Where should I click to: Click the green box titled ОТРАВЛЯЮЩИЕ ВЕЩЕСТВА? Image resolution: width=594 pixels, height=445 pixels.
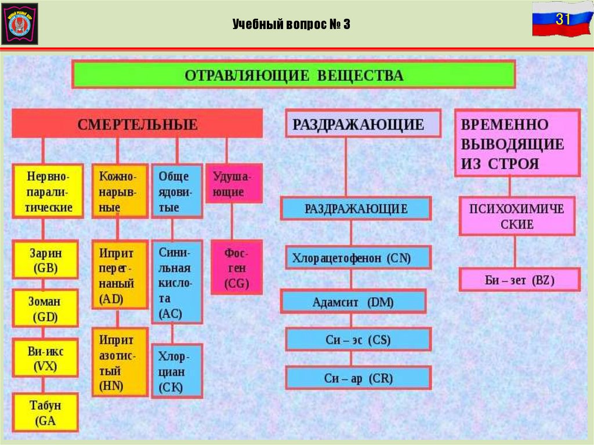click(x=294, y=75)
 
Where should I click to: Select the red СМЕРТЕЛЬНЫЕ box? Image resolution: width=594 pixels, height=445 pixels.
click(x=137, y=124)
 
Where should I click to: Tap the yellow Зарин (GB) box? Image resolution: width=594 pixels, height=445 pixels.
click(x=46, y=260)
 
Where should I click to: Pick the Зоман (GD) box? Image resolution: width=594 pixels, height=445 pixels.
click(x=46, y=309)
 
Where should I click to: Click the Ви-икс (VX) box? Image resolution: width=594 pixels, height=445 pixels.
click(x=46, y=358)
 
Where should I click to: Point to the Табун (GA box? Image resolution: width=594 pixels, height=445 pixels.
click(x=46, y=412)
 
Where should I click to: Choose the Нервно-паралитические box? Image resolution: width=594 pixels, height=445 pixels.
click(x=46, y=190)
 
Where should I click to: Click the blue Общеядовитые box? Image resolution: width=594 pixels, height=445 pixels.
click(x=177, y=190)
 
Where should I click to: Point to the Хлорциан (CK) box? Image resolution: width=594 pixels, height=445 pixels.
click(x=177, y=371)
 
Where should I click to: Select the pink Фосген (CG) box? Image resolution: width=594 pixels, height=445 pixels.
click(x=236, y=267)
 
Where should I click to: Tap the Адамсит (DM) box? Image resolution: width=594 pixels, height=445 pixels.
click(x=354, y=302)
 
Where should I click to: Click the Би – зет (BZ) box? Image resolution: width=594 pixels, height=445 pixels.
click(x=519, y=280)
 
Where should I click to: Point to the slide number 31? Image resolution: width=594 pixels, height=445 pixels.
click(x=561, y=19)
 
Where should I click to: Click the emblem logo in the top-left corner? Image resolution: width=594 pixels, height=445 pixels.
click(x=20, y=24)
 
